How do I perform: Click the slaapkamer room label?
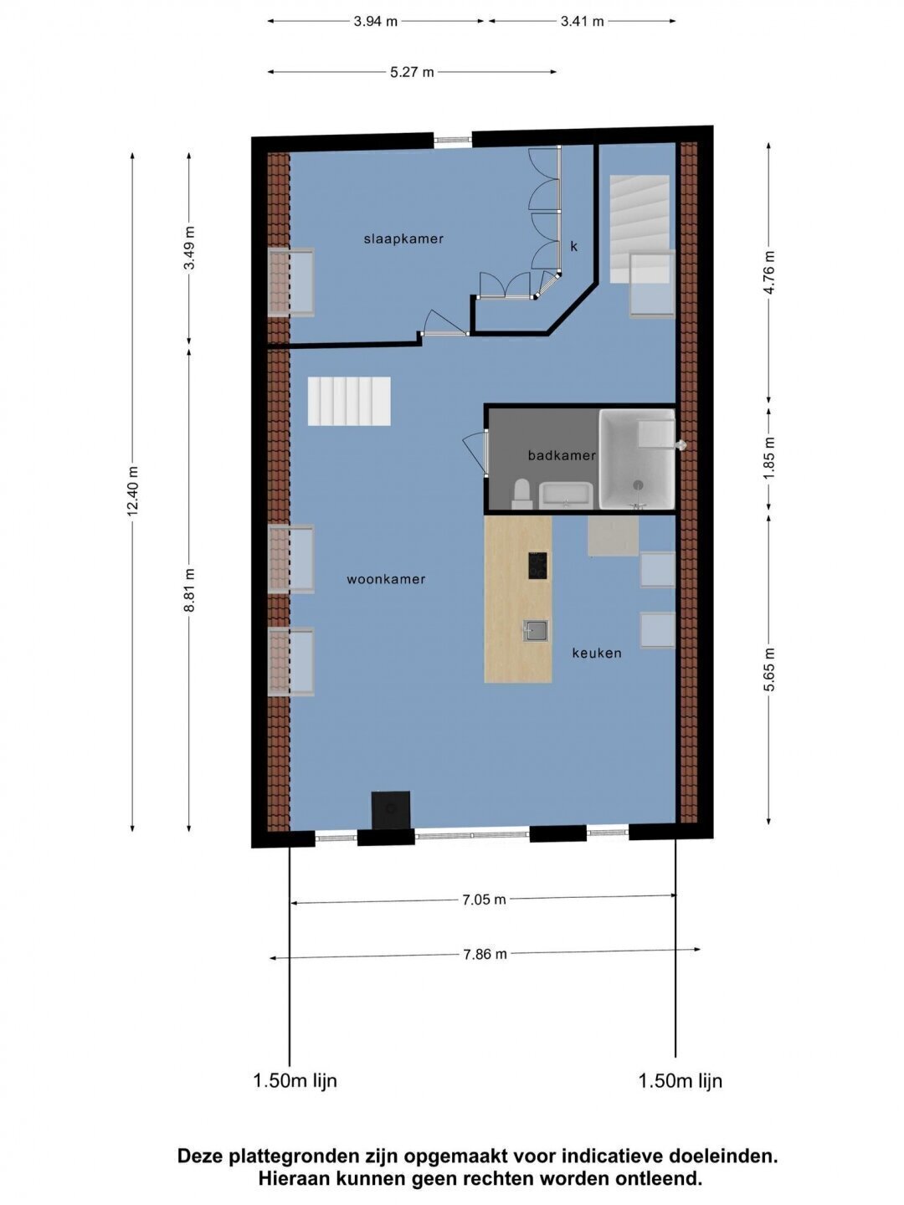tap(403, 238)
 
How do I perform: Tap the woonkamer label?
tap(386, 579)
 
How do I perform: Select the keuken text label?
tap(597, 653)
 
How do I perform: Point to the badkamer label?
tap(562, 455)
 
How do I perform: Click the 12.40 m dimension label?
tap(133, 490)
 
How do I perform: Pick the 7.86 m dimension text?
tap(485, 954)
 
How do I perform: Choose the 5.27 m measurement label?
tap(412, 72)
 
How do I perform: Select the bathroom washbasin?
tap(565, 495)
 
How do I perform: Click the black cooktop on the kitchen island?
tap(537, 566)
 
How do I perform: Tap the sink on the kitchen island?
tap(535, 631)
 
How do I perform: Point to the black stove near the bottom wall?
tap(390, 810)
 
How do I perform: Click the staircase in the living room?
tap(349, 401)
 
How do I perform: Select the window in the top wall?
tap(453, 141)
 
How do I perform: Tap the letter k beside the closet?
tap(573, 247)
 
